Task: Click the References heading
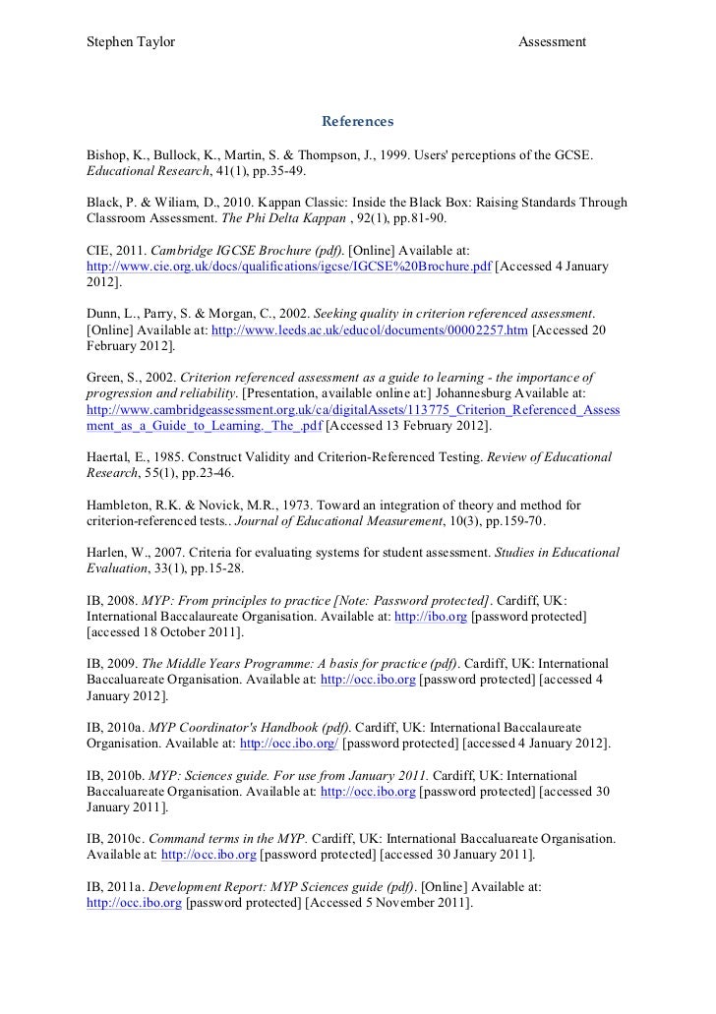tap(357, 122)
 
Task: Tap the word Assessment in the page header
tap(552, 41)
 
